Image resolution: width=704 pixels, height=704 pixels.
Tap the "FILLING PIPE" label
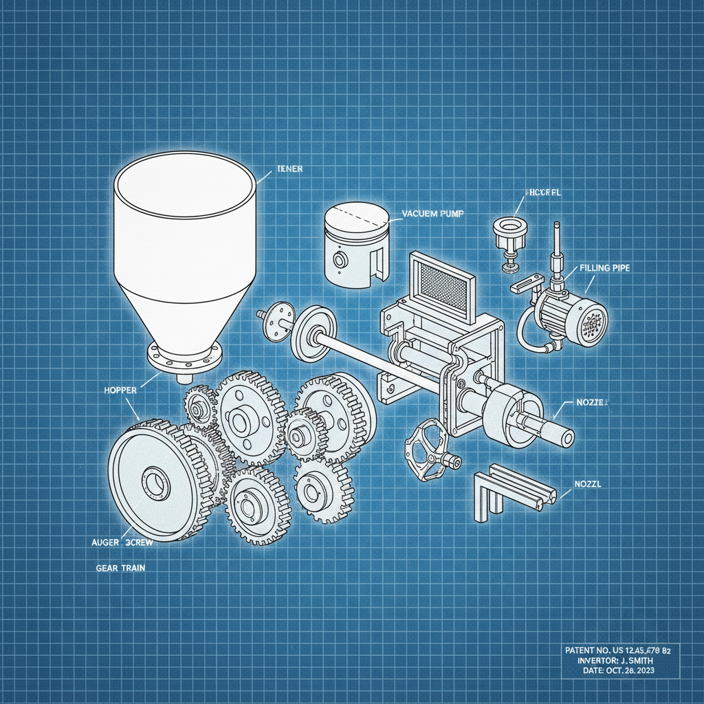[x=605, y=268]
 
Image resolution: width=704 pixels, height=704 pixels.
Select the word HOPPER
[x=120, y=390]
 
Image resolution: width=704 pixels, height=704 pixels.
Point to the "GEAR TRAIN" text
[x=120, y=569]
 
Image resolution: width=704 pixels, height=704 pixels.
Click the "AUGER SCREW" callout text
[x=122, y=542]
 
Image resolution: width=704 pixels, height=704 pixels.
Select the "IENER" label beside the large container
[x=289, y=168]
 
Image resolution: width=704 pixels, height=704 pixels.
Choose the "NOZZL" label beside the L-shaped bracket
[x=587, y=483]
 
